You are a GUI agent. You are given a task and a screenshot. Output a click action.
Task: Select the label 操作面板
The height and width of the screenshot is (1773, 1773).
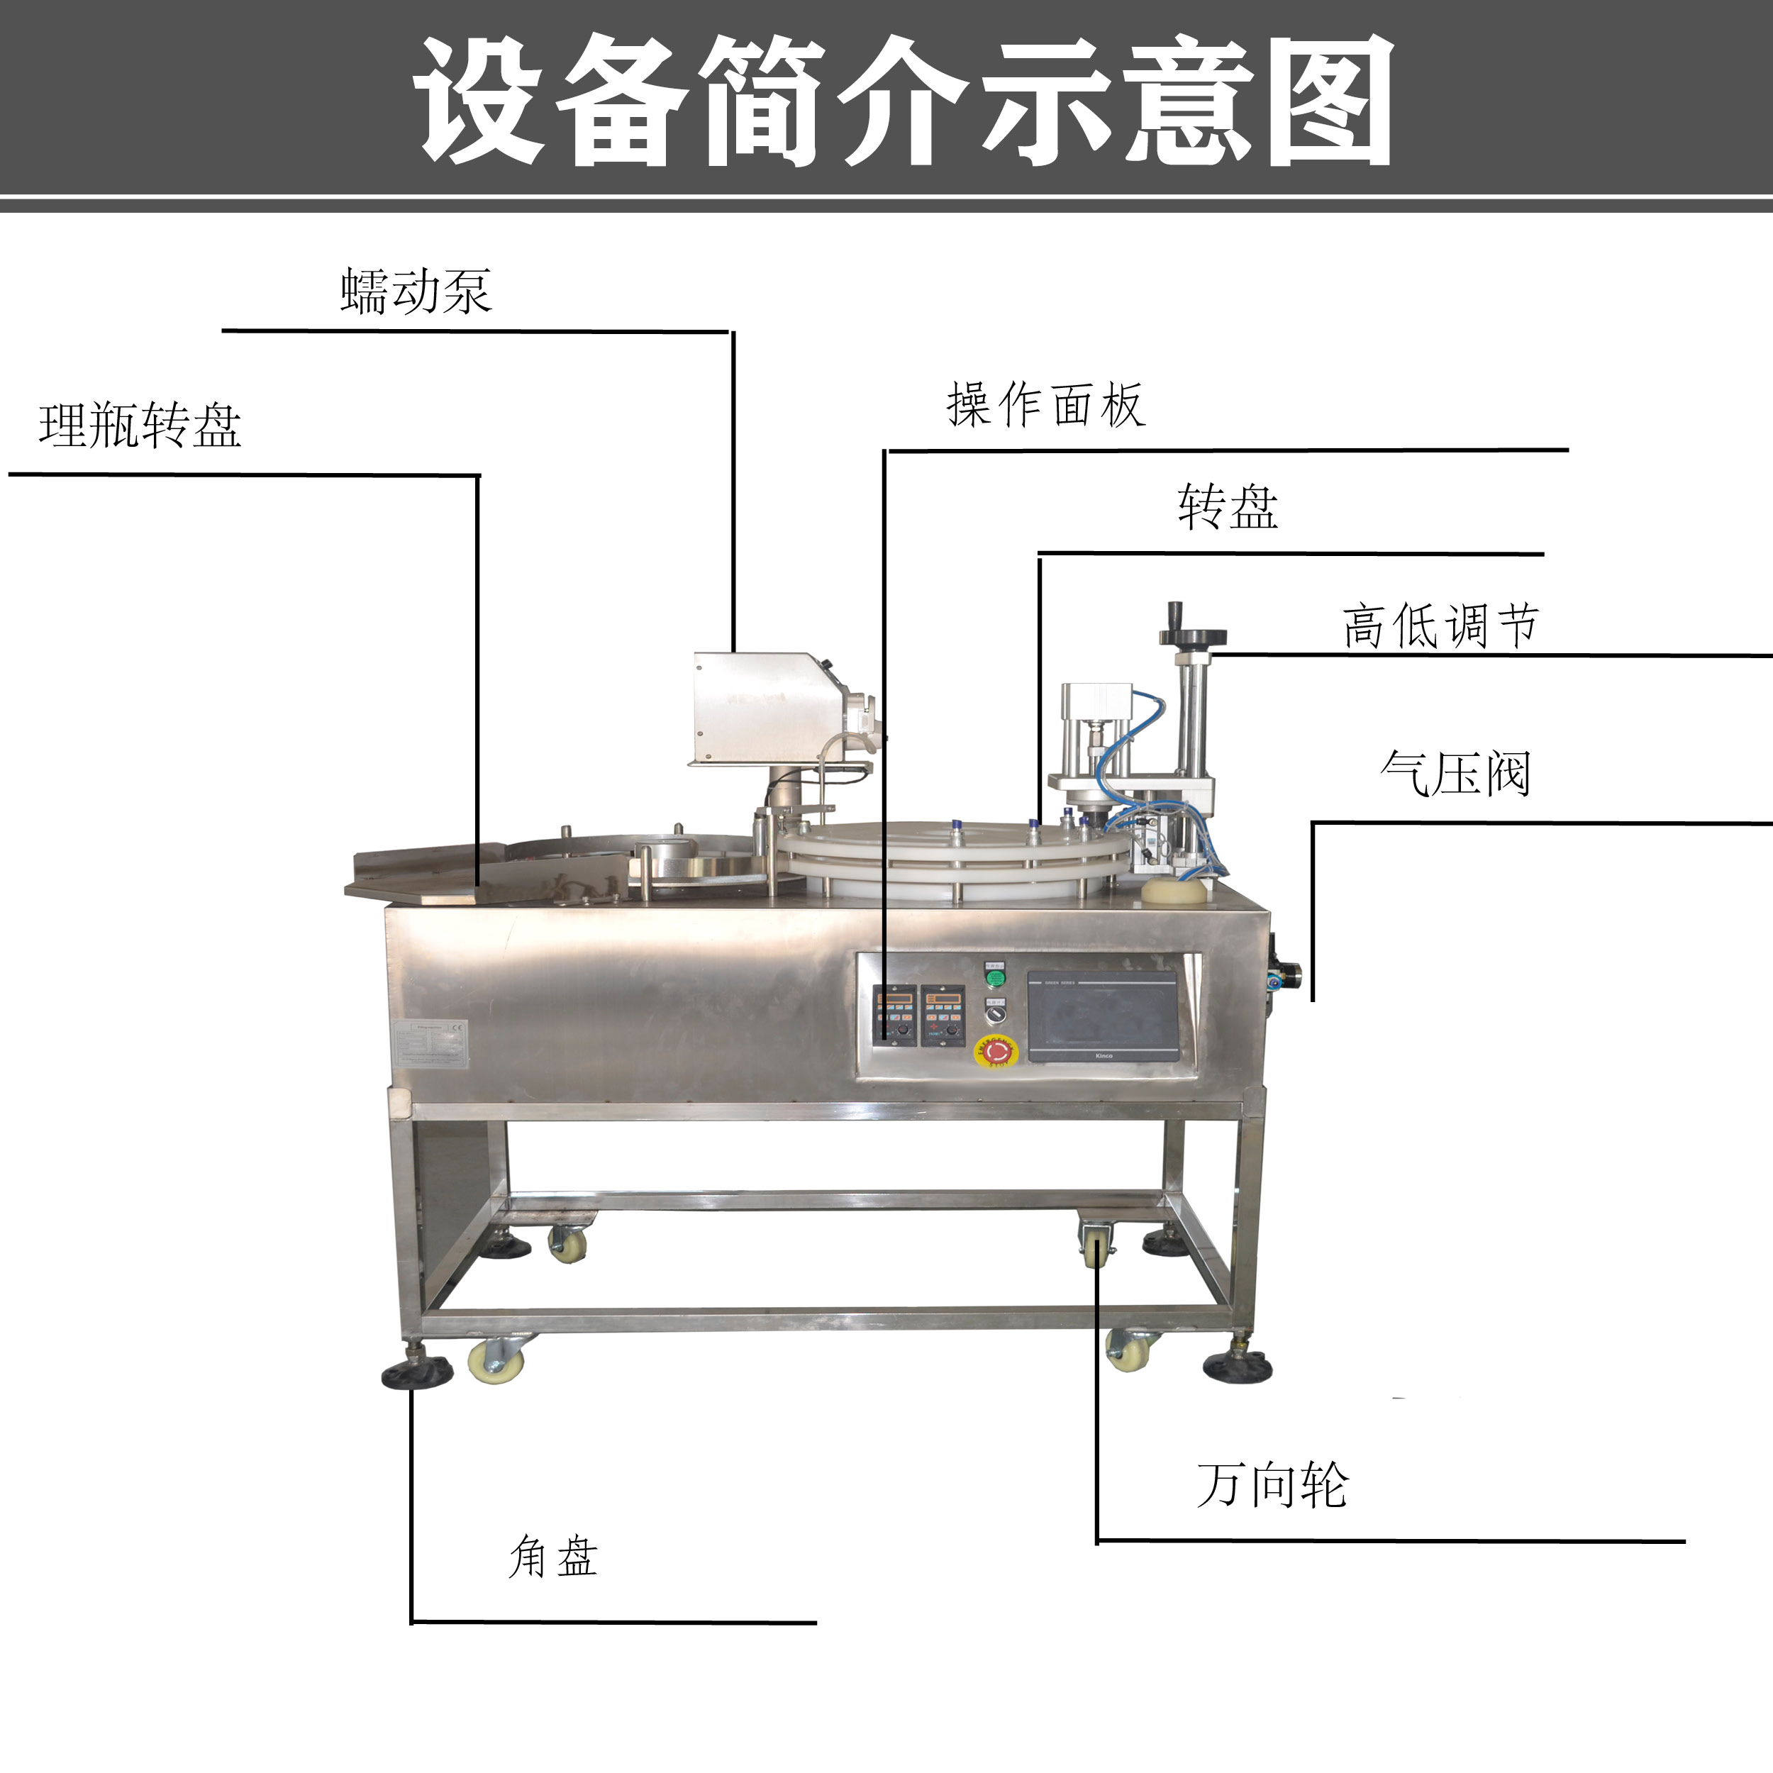[1045, 405]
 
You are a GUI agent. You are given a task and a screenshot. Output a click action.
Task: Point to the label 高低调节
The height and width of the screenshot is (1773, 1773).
[1440, 626]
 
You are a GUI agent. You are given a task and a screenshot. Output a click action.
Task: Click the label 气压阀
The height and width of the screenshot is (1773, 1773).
[1455, 774]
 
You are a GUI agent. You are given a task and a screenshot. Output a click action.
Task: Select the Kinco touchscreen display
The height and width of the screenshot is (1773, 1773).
[1102, 1016]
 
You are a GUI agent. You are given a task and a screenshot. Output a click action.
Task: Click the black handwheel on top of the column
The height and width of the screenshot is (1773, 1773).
[1192, 635]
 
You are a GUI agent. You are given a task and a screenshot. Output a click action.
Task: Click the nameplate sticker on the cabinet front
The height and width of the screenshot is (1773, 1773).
[430, 1043]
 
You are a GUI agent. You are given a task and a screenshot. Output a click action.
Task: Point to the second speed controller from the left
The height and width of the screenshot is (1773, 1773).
[943, 1014]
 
